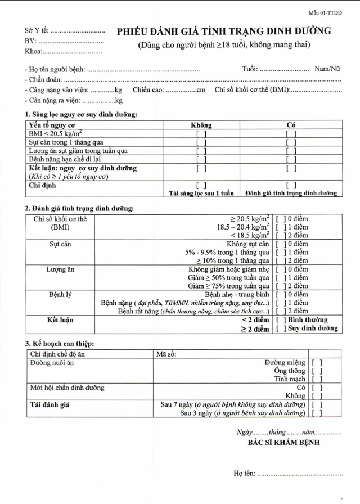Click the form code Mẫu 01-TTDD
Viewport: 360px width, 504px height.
tap(325, 12)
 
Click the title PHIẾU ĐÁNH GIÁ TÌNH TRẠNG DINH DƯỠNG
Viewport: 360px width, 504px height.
tap(224, 31)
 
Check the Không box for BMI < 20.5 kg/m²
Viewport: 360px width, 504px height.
tap(201, 134)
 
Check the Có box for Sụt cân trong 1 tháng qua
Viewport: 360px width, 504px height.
tap(291, 142)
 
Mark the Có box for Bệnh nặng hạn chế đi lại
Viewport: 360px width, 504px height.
tap(291, 159)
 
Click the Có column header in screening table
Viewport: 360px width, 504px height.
tap(291, 125)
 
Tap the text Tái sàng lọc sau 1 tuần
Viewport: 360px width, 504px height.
tap(201, 193)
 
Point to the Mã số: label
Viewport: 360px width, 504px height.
tap(166, 354)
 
